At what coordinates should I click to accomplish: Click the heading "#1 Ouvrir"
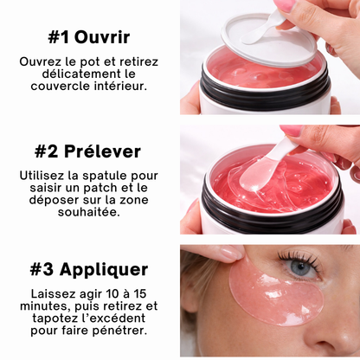click(89, 37)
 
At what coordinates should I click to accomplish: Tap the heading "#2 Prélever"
click(87, 151)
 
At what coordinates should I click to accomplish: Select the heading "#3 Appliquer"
click(89, 269)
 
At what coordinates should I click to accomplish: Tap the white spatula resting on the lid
click(261, 28)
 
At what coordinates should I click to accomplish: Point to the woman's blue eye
click(302, 268)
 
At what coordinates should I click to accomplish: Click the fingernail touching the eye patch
click(231, 254)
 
